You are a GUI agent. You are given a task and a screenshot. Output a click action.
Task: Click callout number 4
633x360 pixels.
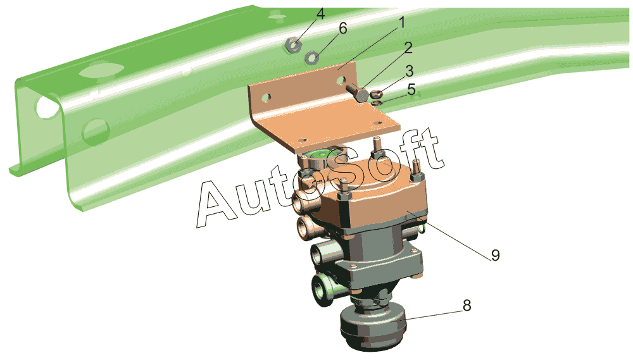click(x=320, y=14)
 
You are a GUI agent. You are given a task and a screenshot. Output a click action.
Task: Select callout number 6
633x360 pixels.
click(x=342, y=28)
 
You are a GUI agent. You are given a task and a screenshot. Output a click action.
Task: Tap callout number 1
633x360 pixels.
click(x=401, y=23)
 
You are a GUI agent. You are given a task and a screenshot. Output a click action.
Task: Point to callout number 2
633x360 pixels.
click(x=408, y=47)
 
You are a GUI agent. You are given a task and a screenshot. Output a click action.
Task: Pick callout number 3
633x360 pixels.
click(x=410, y=71)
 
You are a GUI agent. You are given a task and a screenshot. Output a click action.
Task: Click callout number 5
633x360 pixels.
click(x=411, y=89)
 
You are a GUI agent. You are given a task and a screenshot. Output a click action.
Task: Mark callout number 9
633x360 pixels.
click(x=496, y=255)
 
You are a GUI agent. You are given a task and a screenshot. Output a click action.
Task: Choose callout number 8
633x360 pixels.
click(x=467, y=305)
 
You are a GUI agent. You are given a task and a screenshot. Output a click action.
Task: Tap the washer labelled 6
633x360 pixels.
click(x=312, y=58)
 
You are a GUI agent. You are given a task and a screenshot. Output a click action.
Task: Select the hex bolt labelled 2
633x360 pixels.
click(x=358, y=92)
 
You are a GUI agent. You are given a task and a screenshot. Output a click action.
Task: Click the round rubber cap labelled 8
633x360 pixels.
click(x=372, y=328)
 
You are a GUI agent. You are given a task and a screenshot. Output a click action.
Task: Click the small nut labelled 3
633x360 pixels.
click(x=376, y=94)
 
